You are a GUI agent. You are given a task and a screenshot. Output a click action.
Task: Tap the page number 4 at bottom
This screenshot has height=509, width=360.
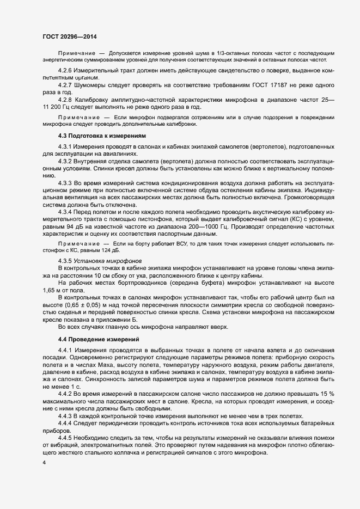coord(44,463)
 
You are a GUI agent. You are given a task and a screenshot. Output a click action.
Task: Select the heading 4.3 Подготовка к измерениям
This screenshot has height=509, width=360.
coord(101,136)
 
